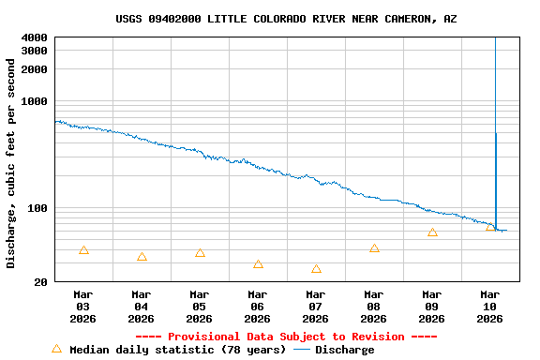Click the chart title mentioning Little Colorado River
(x=286, y=19)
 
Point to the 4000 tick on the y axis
(x=36, y=37)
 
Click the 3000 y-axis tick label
(x=36, y=51)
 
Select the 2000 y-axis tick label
(x=36, y=69)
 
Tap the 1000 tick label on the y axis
(x=36, y=101)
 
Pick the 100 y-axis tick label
(x=39, y=208)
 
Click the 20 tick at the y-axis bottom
(x=42, y=282)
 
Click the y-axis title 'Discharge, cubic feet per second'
(x=11, y=163)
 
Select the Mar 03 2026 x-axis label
(x=83, y=307)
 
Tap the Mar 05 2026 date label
(x=200, y=307)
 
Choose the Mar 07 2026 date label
(x=316, y=307)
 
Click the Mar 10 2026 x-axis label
(x=490, y=307)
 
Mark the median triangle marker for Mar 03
(x=83, y=250)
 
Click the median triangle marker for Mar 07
(x=316, y=269)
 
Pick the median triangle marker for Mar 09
(x=432, y=232)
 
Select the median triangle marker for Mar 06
(x=258, y=264)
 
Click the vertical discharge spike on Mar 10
(x=495, y=131)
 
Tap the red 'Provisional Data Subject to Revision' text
(x=286, y=337)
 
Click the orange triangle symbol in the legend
(x=56, y=349)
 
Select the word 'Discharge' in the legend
(x=344, y=350)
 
